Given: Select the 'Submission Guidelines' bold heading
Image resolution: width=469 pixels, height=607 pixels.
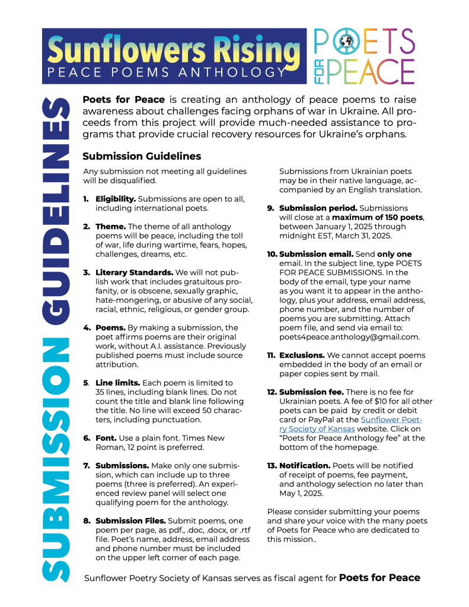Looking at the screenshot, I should tap(142, 157).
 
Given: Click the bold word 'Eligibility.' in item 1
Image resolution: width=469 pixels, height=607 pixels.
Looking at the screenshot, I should tap(116, 199).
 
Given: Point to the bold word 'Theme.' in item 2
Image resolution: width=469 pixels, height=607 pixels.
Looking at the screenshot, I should tap(111, 226).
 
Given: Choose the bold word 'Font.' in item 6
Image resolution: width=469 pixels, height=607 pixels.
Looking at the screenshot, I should tap(107, 438).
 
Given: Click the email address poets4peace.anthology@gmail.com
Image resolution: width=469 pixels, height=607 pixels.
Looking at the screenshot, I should tap(349, 337).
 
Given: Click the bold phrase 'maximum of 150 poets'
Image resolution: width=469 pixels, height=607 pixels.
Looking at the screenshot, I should tap(378, 217).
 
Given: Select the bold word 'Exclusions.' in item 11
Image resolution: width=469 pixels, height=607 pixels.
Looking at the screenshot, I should tap(302, 355).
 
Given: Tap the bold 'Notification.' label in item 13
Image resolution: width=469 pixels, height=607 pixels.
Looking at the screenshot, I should tap(305, 466).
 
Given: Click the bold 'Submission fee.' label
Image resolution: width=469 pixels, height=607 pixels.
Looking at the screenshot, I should tap(311, 392).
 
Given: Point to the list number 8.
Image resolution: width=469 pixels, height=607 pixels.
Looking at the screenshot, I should tap(87, 521).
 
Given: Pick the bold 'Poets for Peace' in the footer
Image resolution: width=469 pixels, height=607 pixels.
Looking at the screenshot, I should tap(379, 578).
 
